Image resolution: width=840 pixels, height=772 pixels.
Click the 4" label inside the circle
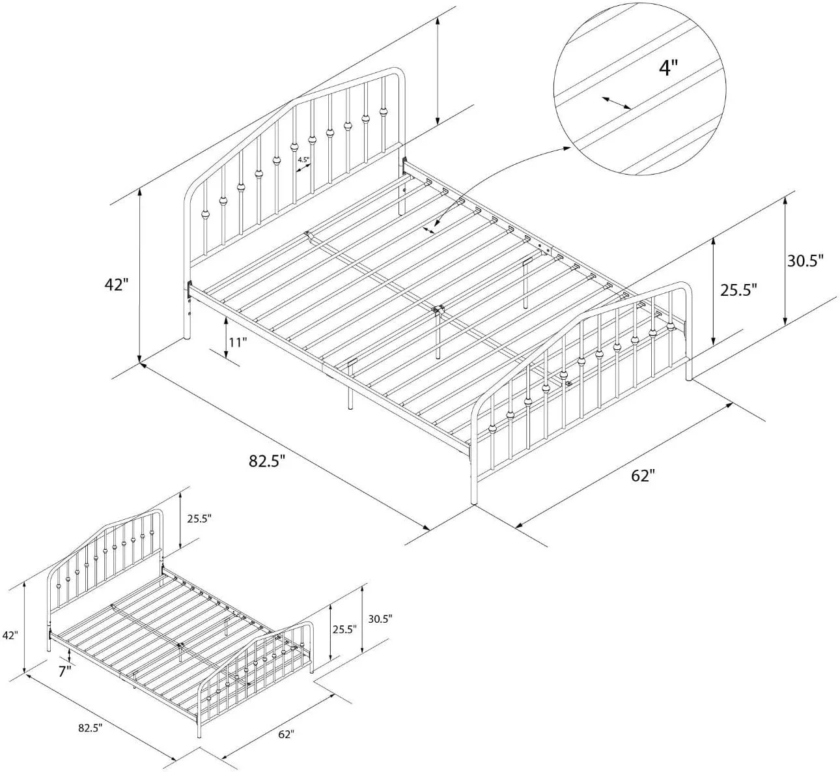668,68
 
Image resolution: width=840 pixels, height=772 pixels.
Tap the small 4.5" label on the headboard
303,160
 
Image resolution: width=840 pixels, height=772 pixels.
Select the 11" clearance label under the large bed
238,343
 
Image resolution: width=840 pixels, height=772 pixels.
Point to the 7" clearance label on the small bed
65,672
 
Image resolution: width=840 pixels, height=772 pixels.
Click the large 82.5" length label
267,461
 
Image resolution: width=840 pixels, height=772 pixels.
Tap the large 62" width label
643,476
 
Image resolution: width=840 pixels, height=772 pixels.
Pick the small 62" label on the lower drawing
286,746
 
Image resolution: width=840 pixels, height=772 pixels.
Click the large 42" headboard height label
116,285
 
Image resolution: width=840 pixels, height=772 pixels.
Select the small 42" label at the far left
10,635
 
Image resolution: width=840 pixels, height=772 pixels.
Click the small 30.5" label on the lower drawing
380,619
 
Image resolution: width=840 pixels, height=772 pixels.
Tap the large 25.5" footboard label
738,290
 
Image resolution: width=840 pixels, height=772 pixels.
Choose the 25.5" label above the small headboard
199,519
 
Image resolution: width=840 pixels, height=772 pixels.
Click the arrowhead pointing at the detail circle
567,148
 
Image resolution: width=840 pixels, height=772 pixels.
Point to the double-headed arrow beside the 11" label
226,338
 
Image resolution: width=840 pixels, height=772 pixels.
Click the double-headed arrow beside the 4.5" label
303,167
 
